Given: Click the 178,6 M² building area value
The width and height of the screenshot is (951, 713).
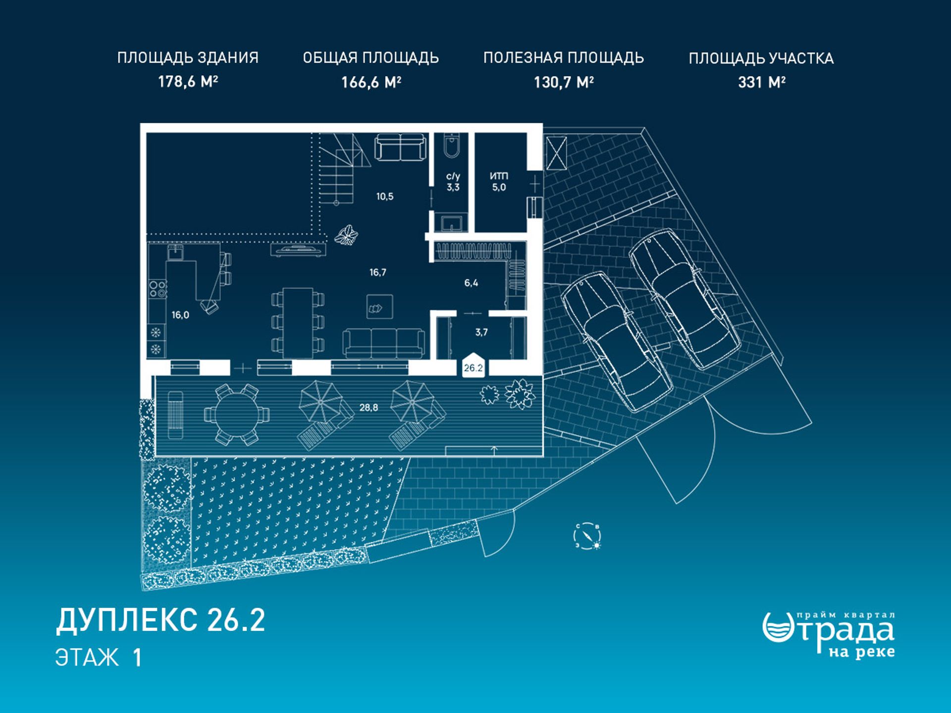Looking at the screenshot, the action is [x=188, y=82].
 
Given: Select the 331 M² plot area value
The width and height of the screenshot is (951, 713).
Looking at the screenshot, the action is [x=761, y=82].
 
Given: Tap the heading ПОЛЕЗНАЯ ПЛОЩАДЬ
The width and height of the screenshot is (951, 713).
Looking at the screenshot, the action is [x=563, y=58].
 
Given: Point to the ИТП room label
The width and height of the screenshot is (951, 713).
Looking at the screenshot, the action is [x=499, y=176].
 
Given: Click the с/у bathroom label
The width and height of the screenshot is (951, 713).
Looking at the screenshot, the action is [x=453, y=176].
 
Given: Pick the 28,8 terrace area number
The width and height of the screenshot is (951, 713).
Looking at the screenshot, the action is [x=369, y=407].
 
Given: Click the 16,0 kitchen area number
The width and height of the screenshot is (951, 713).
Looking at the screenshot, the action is [x=180, y=315].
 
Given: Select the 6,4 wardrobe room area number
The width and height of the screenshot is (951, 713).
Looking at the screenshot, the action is [x=471, y=283].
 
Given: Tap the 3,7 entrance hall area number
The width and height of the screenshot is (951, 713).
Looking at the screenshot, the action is [x=481, y=332].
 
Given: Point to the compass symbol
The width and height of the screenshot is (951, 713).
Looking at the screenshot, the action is [x=587, y=536].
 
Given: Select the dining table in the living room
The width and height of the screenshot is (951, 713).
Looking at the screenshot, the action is [x=298, y=323].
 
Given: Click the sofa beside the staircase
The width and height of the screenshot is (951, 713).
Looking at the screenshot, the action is [x=400, y=147].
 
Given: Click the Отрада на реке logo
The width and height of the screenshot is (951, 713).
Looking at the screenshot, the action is [x=829, y=635].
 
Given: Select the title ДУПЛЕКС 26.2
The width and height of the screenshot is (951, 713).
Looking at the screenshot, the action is [x=160, y=620].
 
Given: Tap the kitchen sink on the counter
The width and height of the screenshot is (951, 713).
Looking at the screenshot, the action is [x=176, y=253].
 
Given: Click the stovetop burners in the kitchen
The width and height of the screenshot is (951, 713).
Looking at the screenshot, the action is [x=158, y=289].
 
